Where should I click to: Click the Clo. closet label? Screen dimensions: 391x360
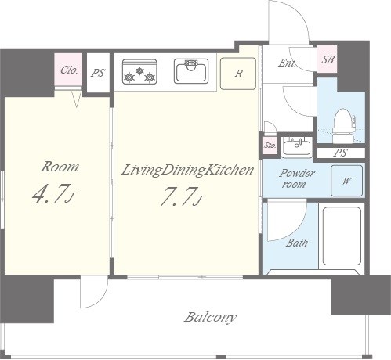tap(69, 70)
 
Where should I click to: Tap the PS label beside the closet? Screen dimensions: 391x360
tap(98, 73)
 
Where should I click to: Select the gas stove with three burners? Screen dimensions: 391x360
tap(139, 72)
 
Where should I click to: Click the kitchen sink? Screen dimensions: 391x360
tap(191, 71)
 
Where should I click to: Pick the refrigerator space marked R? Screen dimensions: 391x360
tap(238, 74)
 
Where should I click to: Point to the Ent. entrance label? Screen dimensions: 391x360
tap(287, 63)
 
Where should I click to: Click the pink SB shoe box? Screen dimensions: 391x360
tap(328, 59)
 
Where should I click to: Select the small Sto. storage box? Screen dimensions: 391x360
tap(270, 145)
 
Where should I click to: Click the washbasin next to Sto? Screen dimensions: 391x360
tap(297, 146)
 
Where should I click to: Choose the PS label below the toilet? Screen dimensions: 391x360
tap(341, 153)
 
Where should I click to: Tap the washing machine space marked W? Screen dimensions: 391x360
tap(346, 181)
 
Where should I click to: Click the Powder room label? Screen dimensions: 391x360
tap(297, 178)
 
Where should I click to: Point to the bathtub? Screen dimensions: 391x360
tap(342, 236)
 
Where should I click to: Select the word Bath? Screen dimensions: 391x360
tap(297, 243)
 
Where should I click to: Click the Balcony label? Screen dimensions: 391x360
tap(211, 318)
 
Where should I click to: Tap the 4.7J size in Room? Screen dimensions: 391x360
tap(54, 193)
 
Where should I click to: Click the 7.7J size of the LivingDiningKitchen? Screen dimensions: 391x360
tap(182, 196)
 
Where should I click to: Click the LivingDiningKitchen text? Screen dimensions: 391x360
tap(187, 170)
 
